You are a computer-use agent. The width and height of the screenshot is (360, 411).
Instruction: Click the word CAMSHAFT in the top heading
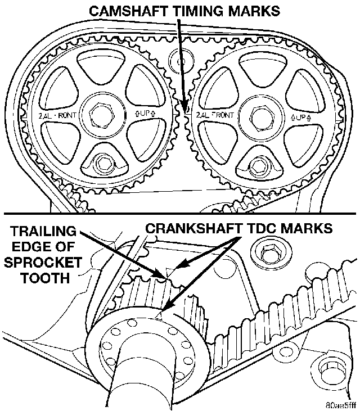point(129,11)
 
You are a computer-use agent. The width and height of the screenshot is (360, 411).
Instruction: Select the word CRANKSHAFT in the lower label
point(193,228)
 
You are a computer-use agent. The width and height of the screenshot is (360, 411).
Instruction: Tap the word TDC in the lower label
point(263,228)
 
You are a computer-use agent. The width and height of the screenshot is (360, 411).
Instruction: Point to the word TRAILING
point(43,232)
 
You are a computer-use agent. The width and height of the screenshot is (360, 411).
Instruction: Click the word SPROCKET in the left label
point(43,263)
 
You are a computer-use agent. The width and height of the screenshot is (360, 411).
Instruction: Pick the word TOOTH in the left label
point(46,278)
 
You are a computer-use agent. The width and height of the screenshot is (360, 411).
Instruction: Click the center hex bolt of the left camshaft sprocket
point(102,115)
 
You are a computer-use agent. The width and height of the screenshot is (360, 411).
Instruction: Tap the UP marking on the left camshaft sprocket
point(145,114)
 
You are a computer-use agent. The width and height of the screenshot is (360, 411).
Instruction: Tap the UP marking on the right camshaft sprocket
point(301,117)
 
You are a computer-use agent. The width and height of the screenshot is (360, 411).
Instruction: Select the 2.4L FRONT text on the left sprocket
point(57,115)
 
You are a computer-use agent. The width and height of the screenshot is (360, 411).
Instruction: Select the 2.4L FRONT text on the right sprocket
point(215,115)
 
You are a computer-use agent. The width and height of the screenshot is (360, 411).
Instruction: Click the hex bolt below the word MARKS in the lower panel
point(270,252)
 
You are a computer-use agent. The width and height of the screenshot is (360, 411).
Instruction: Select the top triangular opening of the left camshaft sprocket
point(102,63)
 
